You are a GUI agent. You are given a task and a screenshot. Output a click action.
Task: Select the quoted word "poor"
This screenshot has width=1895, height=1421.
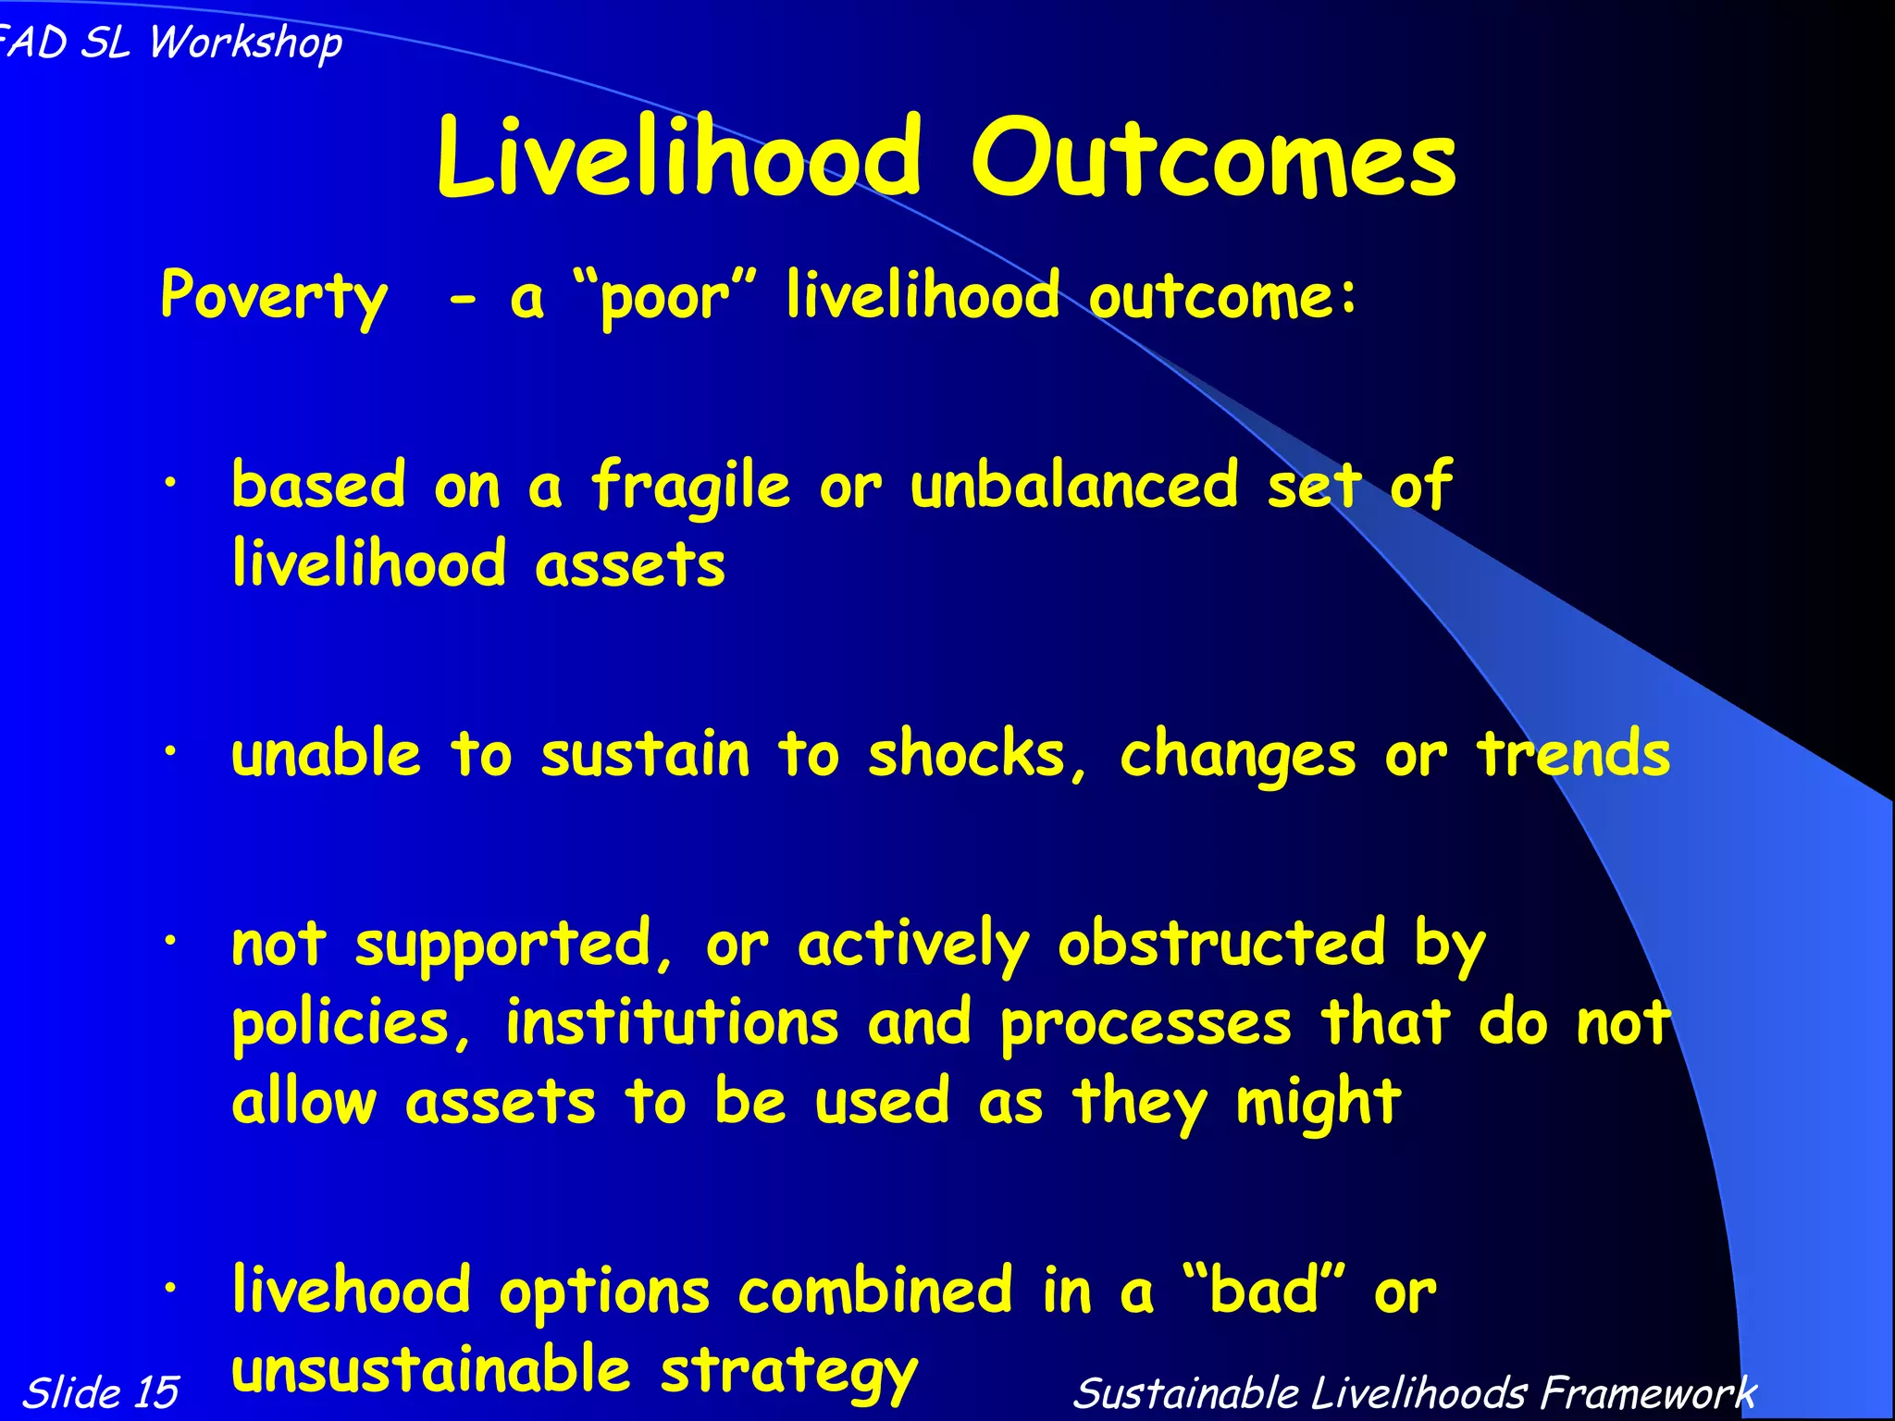pos(664,296)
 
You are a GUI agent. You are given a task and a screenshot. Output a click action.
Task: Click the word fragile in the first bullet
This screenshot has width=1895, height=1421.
pos(690,487)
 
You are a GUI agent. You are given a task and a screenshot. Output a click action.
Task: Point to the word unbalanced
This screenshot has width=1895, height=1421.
pos(1073,485)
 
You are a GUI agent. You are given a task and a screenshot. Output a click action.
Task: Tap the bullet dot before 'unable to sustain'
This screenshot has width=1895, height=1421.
pos(170,753)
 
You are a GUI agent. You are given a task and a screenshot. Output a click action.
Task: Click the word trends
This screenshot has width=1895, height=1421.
pos(1573,753)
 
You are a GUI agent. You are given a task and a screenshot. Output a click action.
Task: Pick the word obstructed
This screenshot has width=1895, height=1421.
pos(1221,944)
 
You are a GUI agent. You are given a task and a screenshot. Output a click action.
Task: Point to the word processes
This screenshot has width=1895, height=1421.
pos(1146,1025)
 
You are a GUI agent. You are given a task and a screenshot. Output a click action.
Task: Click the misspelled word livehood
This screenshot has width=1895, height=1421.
pos(352,1290)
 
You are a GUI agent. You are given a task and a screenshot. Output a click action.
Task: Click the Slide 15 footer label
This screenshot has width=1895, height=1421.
pos(100,1392)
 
